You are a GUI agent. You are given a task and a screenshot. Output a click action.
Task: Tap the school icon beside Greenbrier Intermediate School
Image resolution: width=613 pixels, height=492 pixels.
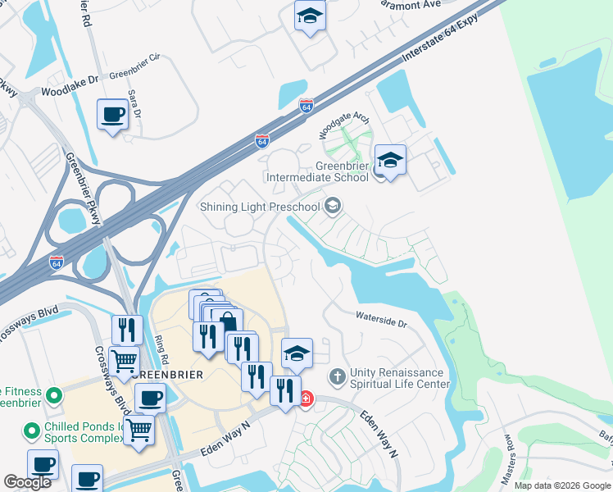(x=390, y=160)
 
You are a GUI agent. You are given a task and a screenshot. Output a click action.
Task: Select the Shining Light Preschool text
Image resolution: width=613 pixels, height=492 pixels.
(x=260, y=207)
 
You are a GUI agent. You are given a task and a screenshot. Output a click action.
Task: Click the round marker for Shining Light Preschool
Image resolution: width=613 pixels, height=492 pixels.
(x=333, y=205)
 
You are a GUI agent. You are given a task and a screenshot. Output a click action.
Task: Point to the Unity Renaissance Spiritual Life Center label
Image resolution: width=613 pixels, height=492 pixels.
(x=400, y=378)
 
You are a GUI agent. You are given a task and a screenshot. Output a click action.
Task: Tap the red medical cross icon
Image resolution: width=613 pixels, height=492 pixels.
(x=306, y=399)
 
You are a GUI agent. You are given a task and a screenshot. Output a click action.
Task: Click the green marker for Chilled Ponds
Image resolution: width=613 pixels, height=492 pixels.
(x=31, y=430)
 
